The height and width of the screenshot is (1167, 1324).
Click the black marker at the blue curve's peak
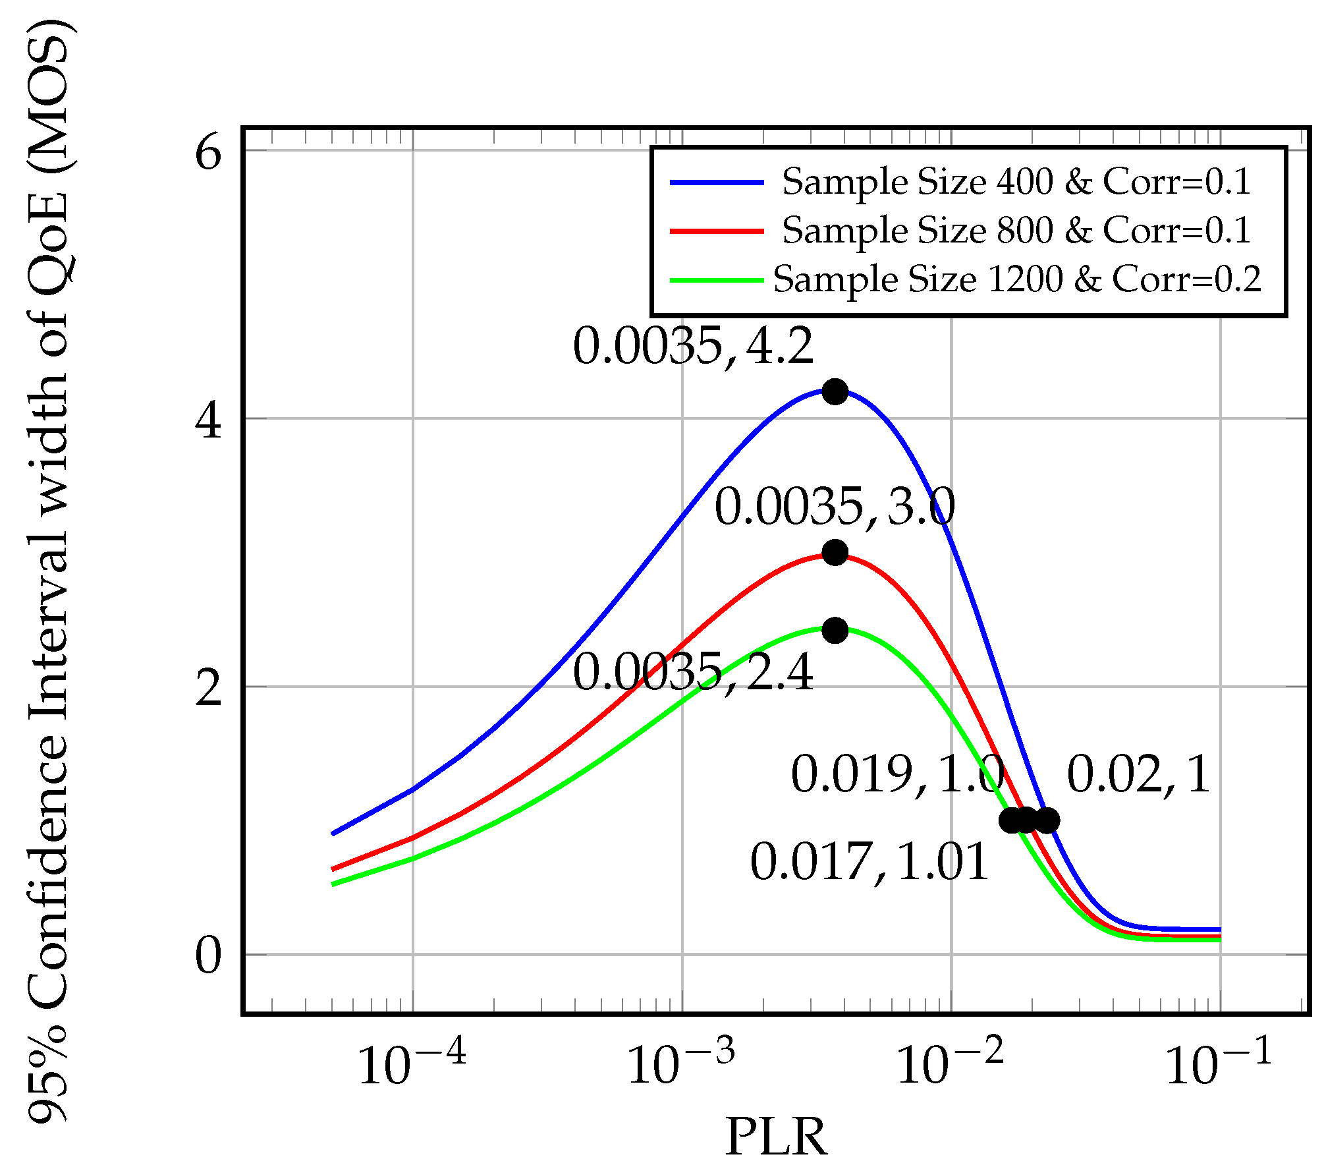tap(835, 391)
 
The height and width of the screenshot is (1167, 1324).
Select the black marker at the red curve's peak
tap(835, 552)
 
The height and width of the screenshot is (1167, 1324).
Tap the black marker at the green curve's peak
tap(835, 631)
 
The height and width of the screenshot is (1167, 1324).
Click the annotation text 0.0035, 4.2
tap(693, 347)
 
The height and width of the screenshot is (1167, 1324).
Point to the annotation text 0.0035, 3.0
tap(835, 507)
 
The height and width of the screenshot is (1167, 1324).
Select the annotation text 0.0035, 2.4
tap(693, 673)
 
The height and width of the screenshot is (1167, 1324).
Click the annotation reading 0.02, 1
tap(1139, 774)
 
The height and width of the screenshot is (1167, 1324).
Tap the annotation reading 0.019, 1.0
tap(897, 774)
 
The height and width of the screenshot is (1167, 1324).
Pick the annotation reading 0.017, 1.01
tap(869, 862)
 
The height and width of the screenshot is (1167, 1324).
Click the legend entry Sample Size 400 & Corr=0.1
tap(1016, 182)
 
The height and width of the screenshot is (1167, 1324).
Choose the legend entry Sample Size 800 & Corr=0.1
tap(1016, 231)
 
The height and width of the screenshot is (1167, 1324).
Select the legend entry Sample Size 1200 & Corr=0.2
tap(1016, 279)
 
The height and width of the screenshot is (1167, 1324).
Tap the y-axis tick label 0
tap(208, 956)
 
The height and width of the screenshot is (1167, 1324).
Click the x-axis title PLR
tap(776, 1137)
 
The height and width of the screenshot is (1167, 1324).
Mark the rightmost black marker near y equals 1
tap(1047, 820)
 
